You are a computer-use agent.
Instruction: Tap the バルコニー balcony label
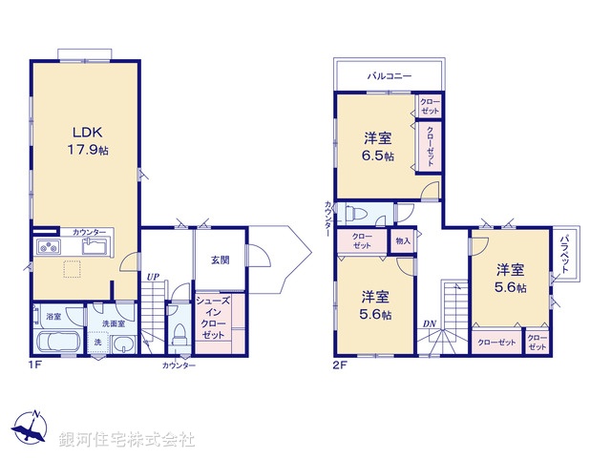pos(389,73)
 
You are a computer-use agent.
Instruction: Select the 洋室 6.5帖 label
pos(377,146)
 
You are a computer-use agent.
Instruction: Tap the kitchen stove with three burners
pos(47,248)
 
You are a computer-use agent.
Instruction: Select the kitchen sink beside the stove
pos(96,248)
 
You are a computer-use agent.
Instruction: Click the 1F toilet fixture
pos(179,334)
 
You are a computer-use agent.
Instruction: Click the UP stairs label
pos(153,278)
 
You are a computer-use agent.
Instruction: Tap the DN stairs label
pos(430,324)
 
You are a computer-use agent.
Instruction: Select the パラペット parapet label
pos(567,255)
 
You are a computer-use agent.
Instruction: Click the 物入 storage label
pos(402,240)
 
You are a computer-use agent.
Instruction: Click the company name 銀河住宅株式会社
pos(129,439)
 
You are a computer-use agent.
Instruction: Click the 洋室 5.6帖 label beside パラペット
pos(511,277)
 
